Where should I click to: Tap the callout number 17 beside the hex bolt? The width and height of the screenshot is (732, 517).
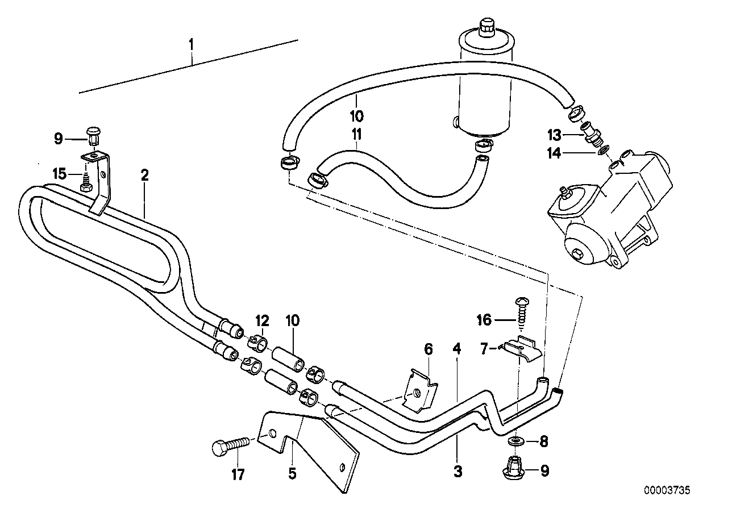pos(238,474)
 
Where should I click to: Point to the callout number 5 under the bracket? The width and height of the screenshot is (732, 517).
pos(292,473)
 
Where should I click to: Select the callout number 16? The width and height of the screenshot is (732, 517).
pos(485,321)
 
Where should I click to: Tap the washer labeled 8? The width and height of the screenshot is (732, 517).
pos(517,441)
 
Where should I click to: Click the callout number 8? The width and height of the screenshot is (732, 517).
pos(544,440)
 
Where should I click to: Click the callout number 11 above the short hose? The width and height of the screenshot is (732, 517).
pos(356,135)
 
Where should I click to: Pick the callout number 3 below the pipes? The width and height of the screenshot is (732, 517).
pos(458,470)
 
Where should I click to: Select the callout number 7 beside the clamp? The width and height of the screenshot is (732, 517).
pos(484,349)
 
